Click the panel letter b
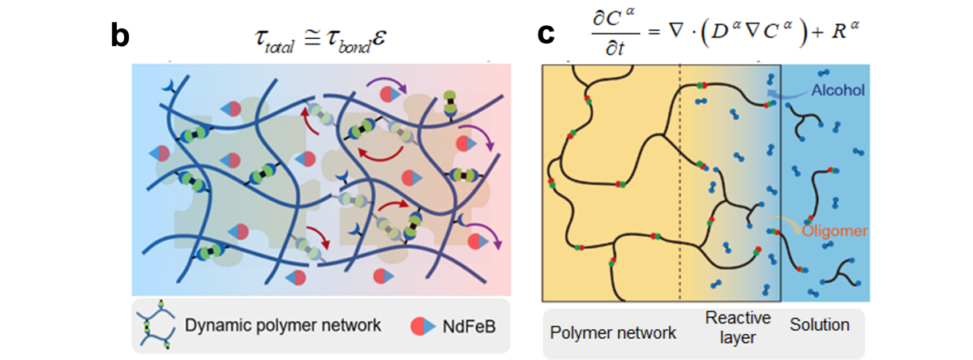(119, 36)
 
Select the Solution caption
(820, 325)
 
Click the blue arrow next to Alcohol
(781, 95)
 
